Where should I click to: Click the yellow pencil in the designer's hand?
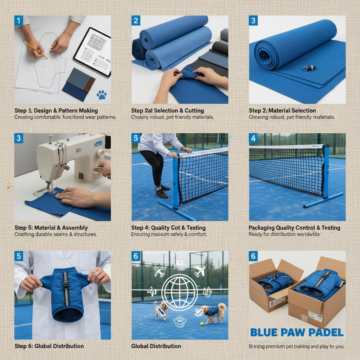35,49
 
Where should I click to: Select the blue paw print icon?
102,94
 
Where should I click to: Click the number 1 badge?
19,20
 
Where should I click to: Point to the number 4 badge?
253,139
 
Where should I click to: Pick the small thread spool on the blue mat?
310,68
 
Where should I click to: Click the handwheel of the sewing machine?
100,153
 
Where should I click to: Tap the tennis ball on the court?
202,324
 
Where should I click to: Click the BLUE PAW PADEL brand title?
297,333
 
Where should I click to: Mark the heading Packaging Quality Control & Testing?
294,228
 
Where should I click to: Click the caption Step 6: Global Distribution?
49,346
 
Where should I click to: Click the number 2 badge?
136,20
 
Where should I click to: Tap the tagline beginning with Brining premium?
296,347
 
